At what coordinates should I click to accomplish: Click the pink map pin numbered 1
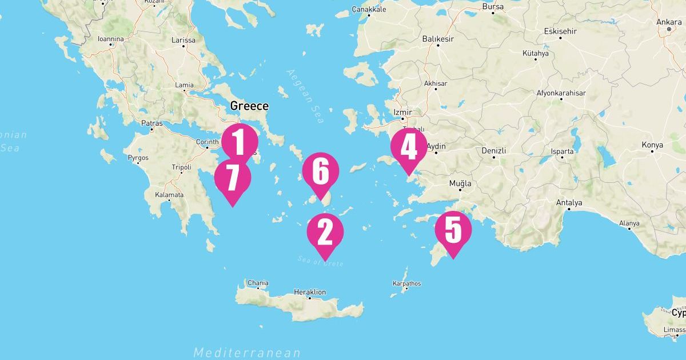240,141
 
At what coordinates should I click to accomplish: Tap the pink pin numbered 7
233,178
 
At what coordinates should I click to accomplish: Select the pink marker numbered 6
321,171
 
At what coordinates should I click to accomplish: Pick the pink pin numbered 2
325,231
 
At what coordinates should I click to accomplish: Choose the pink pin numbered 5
453,230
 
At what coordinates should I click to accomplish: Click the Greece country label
249,106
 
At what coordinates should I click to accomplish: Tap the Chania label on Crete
257,282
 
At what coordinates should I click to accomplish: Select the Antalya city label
569,203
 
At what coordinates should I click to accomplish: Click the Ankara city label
669,22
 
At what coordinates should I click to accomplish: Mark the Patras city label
151,123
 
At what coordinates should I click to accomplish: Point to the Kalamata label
169,195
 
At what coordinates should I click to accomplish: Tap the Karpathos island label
406,283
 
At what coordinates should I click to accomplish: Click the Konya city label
652,145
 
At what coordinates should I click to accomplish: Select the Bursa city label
493,7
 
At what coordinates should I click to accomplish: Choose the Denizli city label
494,150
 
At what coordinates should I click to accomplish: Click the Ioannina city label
110,39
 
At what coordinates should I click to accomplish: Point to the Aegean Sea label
306,96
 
